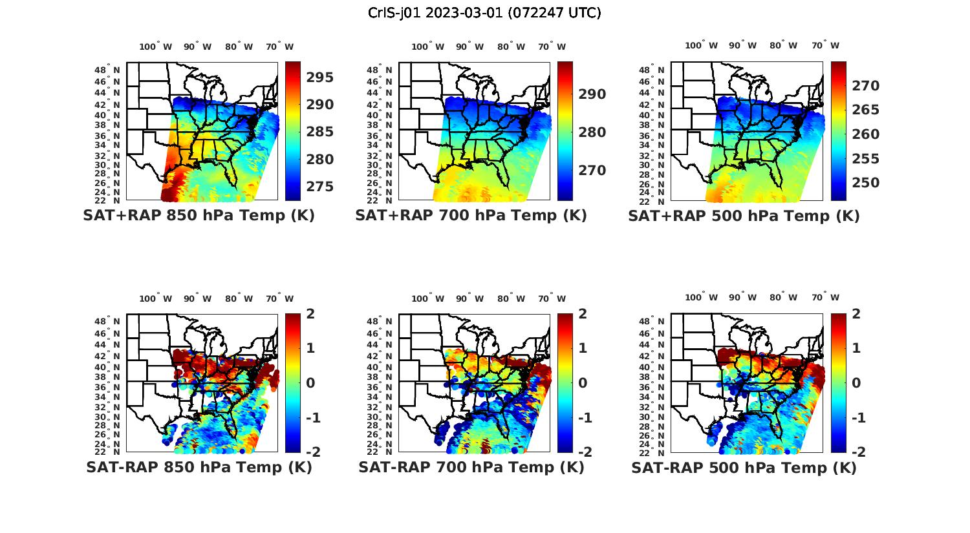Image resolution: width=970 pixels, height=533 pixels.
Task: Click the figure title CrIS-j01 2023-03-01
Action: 484,13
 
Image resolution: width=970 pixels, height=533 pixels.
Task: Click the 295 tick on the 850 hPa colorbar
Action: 320,78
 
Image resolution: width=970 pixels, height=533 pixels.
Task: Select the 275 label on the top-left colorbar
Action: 320,187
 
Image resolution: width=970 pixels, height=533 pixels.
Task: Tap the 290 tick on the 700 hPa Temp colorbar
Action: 592,94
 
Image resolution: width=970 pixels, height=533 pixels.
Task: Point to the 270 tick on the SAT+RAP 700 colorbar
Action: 592,171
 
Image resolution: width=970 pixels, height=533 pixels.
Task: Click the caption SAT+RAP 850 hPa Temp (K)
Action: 199,216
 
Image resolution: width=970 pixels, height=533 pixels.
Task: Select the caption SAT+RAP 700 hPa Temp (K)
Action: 471,216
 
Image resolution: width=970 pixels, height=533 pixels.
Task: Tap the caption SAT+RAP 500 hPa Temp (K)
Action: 744,216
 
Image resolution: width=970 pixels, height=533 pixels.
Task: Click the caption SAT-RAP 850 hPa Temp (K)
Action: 199,468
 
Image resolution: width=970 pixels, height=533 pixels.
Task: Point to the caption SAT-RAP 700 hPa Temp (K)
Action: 471,468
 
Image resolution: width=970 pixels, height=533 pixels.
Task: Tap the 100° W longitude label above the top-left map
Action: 155,47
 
